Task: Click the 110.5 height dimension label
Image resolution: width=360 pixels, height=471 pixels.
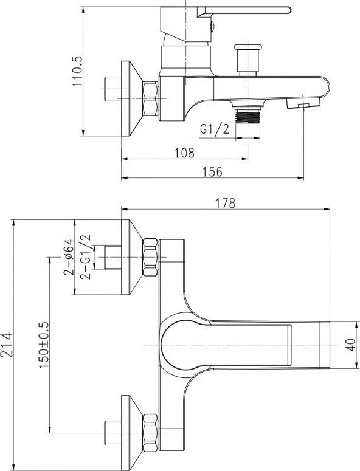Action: (x=77, y=71)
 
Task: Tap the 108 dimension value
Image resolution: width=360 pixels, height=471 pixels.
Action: (x=184, y=153)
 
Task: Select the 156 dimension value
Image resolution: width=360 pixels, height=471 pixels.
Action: (x=212, y=172)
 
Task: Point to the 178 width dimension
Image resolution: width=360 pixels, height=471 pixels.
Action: (x=226, y=204)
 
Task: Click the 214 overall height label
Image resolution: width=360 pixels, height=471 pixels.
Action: (x=7, y=345)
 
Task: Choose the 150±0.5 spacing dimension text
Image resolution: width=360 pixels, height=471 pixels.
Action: (x=43, y=345)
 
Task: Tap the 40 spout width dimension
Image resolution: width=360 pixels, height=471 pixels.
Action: (x=351, y=345)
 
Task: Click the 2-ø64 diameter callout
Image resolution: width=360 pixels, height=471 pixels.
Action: (x=68, y=257)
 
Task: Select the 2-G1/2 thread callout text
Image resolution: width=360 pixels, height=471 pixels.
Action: (x=85, y=257)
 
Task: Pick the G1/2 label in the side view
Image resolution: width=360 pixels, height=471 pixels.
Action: (x=215, y=129)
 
